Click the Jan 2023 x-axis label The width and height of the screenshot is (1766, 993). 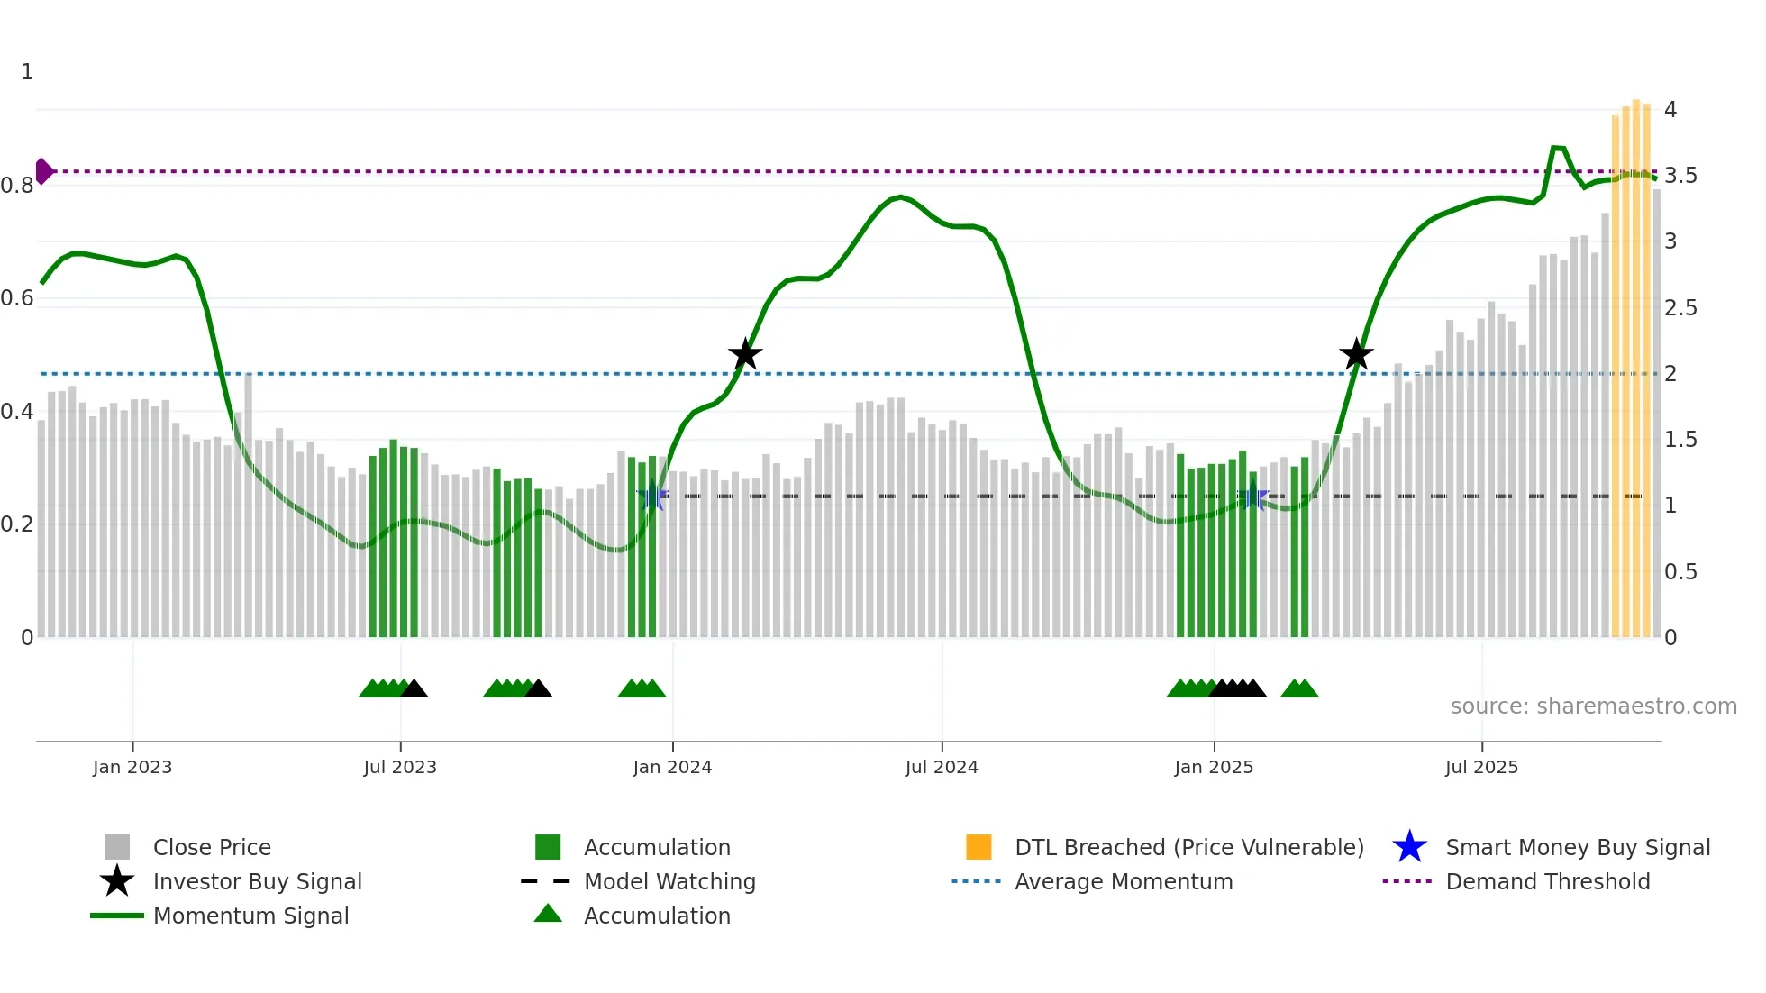[132, 767]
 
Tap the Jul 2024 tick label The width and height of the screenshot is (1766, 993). [942, 767]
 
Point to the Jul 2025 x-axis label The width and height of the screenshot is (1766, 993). [1481, 767]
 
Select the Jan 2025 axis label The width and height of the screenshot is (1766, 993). [1214, 767]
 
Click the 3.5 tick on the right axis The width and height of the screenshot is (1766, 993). [1680, 176]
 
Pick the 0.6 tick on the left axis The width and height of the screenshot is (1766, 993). [17, 298]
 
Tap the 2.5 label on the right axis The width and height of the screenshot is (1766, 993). [1680, 308]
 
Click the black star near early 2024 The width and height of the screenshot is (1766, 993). [745, 355]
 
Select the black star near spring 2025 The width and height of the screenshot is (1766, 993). [1356, 355]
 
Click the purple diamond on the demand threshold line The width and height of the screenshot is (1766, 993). [44, 171]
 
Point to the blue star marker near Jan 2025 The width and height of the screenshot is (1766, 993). [1252, 496]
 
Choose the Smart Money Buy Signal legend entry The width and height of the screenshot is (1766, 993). [1578, 847]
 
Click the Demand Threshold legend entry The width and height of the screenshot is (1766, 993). [1547, 881]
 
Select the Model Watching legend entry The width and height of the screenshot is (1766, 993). [669, 881]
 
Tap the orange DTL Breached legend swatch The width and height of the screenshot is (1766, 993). [979, 847]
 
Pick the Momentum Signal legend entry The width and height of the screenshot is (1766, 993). [250, 916]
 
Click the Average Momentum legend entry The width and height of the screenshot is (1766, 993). [1124, 881]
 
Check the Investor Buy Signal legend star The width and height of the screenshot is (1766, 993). [117, 881]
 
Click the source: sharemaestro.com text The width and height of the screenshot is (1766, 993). [1593, 706]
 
